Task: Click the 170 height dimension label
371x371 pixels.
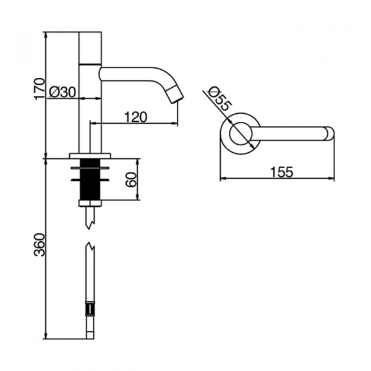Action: coord(40,88)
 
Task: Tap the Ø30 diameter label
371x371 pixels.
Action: coord(62,92)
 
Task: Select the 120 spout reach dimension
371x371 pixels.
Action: coord(135,117)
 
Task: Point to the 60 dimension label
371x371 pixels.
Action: coord(131,179)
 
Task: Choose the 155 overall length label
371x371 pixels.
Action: coord(281,172)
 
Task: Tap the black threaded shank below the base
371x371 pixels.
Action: coord(90,179)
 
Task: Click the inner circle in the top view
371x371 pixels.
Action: coord(241,134)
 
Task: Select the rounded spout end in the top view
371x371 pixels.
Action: coord(329,134)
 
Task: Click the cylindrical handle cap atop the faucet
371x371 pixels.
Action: coord(90,48)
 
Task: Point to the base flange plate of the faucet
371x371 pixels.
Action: coord(90,155)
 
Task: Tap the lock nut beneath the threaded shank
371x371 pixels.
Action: coord(90,203)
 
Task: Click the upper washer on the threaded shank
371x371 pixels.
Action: coord(90,168)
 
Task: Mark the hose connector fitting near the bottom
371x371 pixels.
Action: coord(90,309)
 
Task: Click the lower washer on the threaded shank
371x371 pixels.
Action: coord(90,180)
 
